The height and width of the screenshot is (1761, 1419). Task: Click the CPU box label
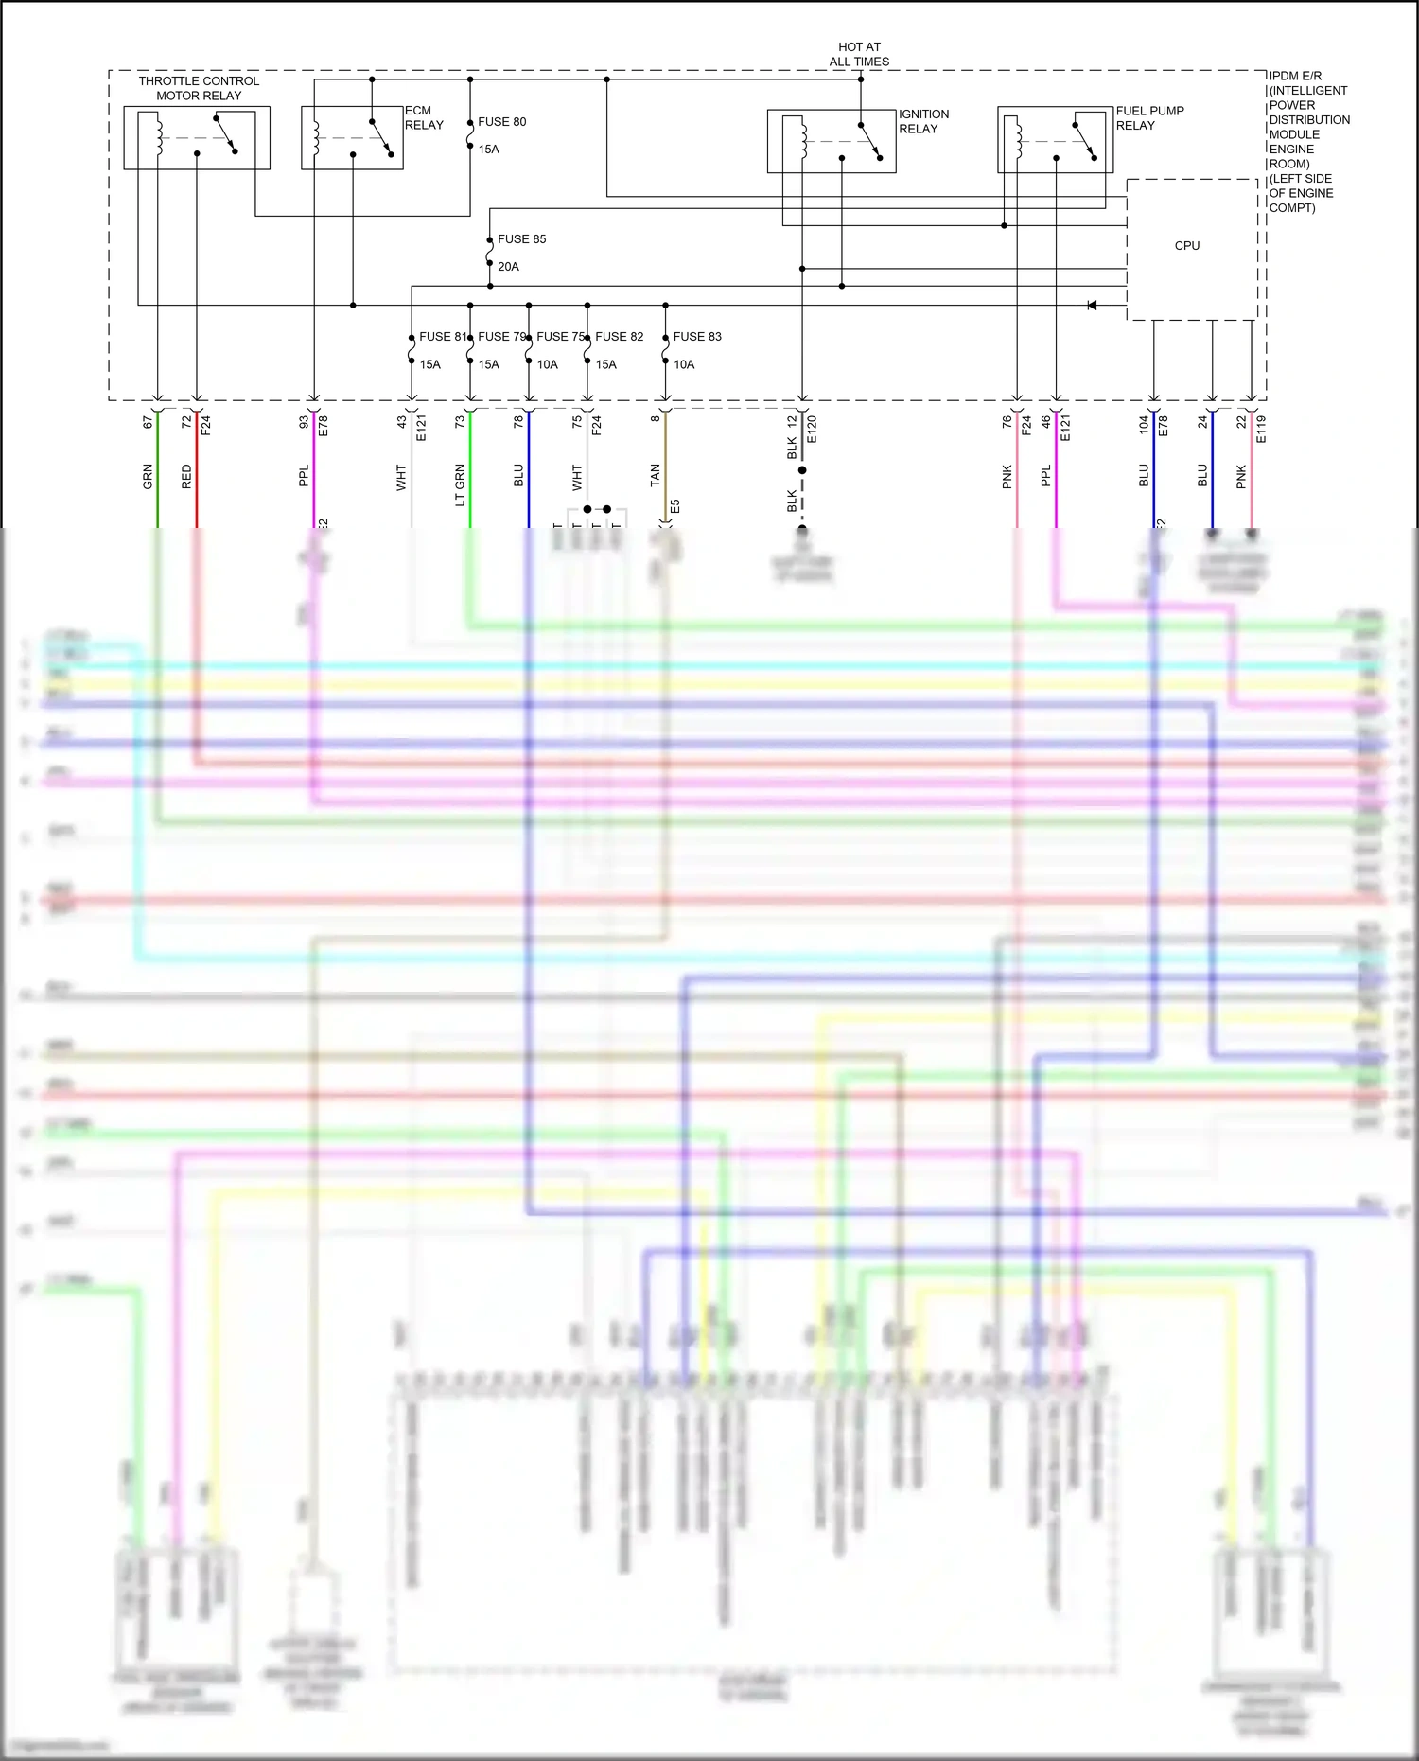tap(1186, 246)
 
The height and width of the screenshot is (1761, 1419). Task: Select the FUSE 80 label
tap(501, 122)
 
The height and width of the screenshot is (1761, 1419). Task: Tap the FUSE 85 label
tap(521, 239)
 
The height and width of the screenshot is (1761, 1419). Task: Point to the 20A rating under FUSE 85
tap(508, 267)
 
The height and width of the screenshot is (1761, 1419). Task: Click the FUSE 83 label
tap(697, 337)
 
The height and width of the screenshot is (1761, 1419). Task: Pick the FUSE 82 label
tap(619, 337)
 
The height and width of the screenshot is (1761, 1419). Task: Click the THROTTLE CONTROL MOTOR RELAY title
tap(199, 88)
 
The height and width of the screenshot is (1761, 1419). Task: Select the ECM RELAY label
tap(424, 118)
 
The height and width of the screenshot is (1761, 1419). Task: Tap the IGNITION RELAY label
tap(923, 121)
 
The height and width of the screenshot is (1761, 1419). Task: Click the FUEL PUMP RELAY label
tap(1149, 118)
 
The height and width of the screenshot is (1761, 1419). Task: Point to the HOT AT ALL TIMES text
tap(859, 54)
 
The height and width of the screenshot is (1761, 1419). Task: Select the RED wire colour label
tap(186, 476)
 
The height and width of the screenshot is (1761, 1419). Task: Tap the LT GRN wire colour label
tap(460, 484)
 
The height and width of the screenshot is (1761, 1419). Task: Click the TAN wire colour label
tap(655, 476)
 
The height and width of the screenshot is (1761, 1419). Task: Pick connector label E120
tap(812, 429)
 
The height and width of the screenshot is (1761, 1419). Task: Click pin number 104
tap(1144, 424)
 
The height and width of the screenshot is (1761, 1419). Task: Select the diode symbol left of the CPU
tap(1092, 306)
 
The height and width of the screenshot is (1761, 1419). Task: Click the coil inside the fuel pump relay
tap(1018, 140)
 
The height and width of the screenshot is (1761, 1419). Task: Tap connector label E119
tap(1261, 429)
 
